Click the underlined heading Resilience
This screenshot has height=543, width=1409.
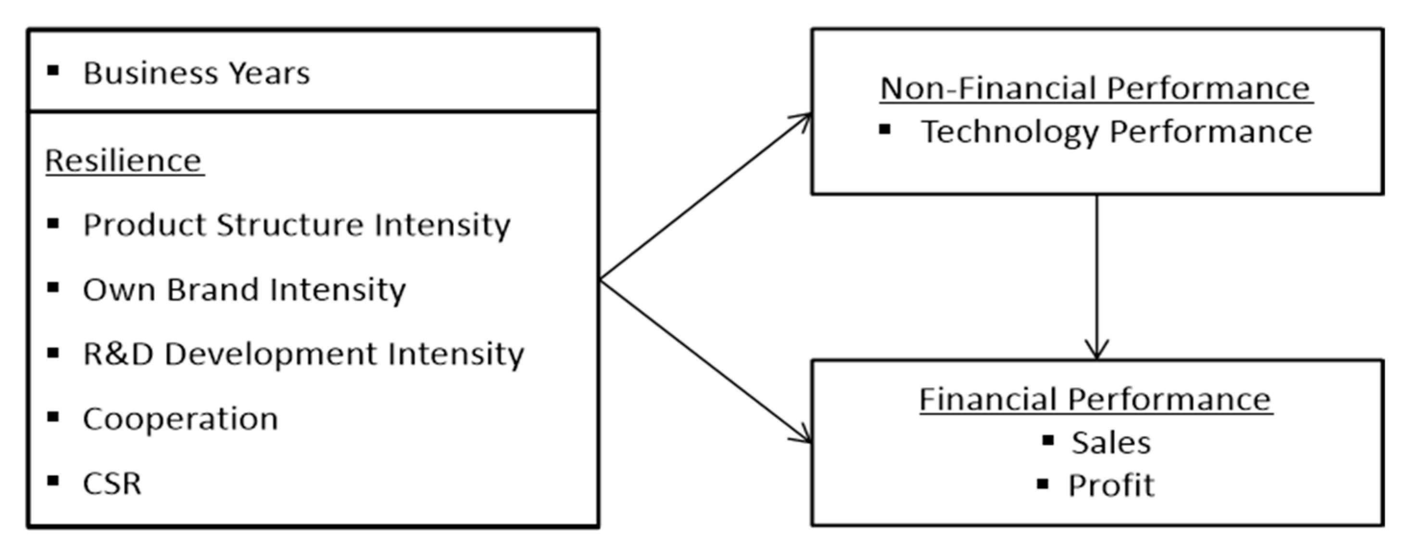click(x=124, y=161)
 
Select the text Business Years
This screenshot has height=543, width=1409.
click(x=196, y=73)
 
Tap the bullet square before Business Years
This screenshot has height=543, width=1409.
click(x=53, y=70)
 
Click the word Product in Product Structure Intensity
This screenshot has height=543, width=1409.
click(x=144, y=225)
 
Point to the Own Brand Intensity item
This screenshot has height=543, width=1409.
click(x=244, y=290)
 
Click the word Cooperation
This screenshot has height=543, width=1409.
click(x=180, y=420)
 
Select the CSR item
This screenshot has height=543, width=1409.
click(x=112, y=483)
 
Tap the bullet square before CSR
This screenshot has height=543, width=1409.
click(x=53, y=481)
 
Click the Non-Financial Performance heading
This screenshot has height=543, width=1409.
click(x=1096, y=88)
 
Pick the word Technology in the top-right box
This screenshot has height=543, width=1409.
click(x=1010, y=132)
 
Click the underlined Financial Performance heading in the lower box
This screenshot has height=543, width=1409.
click(x=1095, y=399)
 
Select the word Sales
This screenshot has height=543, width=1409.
click(x=1111, y=443)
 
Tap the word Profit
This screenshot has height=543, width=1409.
click(x=1111, y=485)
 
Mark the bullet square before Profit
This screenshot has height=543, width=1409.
click(x=1043, y=483)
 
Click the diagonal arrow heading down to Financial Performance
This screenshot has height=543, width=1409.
click(x=705, y=361)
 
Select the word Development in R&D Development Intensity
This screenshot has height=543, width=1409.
click(x=270, y=354)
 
